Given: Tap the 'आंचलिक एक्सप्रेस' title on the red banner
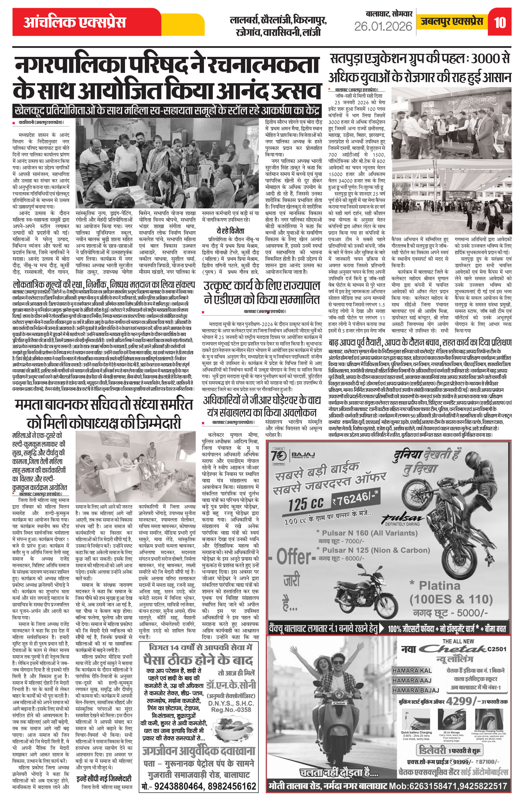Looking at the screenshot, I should [x=75, y=22].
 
